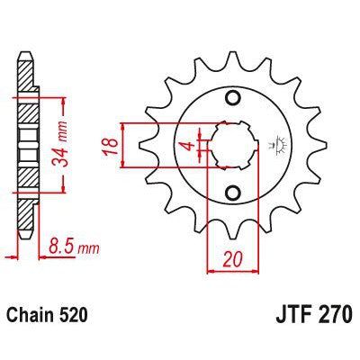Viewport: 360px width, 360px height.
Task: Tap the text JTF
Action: tap(286, 316)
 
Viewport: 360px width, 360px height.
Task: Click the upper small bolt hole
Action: tap(234, 98)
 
